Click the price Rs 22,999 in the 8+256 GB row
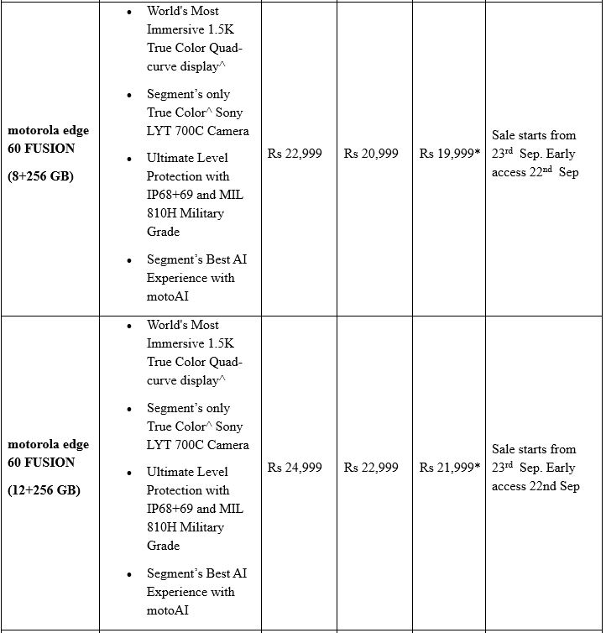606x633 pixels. point(295,154)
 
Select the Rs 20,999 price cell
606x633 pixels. point(371,154)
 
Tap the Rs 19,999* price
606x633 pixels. point(450,154)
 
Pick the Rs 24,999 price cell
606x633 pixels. point(295,468)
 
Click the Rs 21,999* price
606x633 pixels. point(450,468)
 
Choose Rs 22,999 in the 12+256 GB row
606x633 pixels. point(371,468)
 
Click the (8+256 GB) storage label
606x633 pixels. point(40,176)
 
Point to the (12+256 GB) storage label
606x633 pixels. point(44,490)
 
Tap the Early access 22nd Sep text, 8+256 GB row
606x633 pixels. point(535,172)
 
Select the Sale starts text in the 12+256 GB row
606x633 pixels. point(534,449)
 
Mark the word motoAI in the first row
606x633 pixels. point(168,296)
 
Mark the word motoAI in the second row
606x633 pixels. point(168,610)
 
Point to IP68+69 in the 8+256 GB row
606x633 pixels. point(172,195)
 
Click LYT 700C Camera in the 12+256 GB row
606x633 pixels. point(197,444)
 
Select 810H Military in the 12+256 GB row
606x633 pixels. point(185,527)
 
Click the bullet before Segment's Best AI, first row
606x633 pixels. point(128,260)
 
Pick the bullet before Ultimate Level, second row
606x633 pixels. point(128,472)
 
